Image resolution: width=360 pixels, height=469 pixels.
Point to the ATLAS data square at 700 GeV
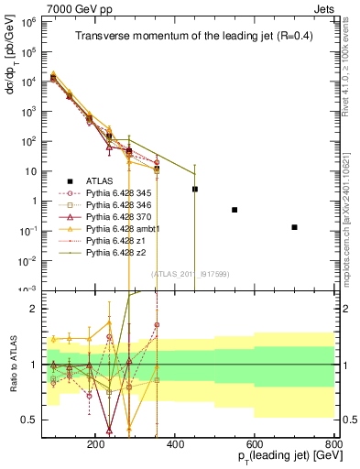pyautogui.click(x=294, y=227)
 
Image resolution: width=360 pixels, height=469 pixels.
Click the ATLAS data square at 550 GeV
pyautogui.click(x=235, y=210)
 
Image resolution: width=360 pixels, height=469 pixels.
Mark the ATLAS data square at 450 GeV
pyautogui.click(x=194, y=189)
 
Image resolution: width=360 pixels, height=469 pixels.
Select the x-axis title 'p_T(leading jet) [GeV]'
pyautogui.click(x=276, y=456)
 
